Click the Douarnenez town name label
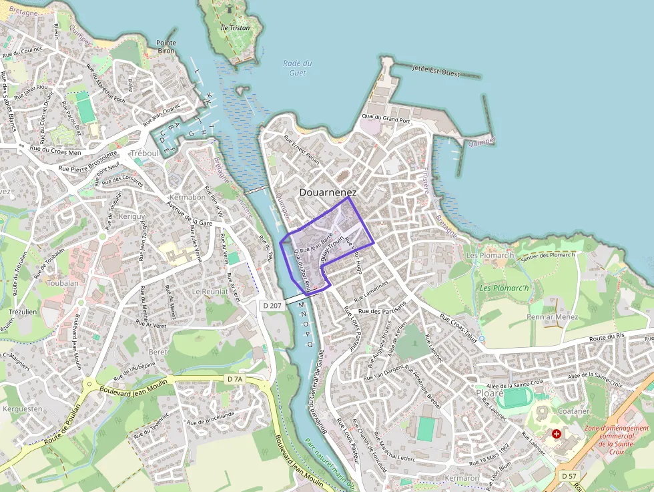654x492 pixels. [328, 192]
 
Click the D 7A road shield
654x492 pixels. [234, 379]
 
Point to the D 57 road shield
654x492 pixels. [569, 475]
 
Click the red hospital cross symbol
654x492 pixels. [557, 434]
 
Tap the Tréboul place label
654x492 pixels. [145, 153]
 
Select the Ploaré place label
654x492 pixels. [489, 393]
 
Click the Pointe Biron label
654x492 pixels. [166, 47]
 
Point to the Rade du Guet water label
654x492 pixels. [298, 68]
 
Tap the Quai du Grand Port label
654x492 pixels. [386, 119]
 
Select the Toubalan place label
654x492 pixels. [63, 283]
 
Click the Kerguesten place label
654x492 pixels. [23, 409]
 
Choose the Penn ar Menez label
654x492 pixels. [553, 317]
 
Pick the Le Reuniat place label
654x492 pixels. [210, 292]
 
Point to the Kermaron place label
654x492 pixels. [461, 479]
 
